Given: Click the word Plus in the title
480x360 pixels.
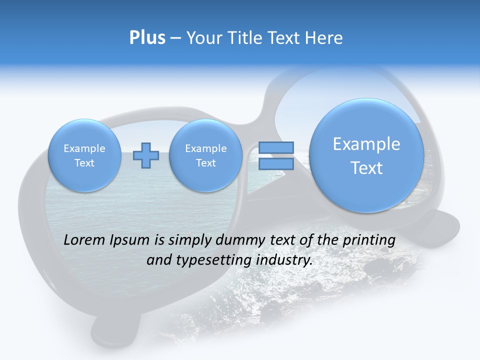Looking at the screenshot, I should pos(147,38).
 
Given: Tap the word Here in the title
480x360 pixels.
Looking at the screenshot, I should pos(324,38).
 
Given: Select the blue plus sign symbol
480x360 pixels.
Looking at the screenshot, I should pos(145,155).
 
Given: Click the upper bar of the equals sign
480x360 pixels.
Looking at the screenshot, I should pos(275,148).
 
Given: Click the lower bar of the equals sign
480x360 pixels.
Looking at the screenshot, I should pos(275,164).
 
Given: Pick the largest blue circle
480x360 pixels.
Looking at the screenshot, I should pos(366,155).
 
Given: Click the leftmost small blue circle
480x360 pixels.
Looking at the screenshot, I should pos(84,155).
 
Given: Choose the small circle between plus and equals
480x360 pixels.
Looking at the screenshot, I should pos(205,155).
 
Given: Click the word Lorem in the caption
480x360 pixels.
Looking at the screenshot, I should pos(84,240).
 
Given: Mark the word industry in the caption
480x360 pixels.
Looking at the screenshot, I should pos(284,260).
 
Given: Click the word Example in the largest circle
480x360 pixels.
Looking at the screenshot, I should pos(366,144).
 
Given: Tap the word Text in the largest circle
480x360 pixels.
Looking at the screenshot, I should pos(366,168).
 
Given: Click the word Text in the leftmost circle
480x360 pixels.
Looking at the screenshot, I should pos(84,163).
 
